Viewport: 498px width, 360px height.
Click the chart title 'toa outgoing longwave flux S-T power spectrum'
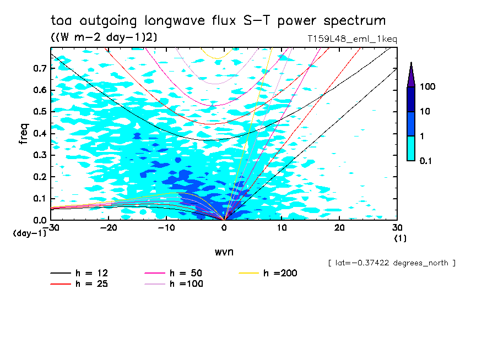(218, 21)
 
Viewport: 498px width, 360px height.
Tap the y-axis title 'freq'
(24, 134)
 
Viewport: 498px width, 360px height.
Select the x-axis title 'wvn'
(224, 252)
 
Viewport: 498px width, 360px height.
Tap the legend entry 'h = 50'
(186, 273)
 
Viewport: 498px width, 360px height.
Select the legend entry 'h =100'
(186, 284)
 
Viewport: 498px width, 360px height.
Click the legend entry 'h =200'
(280, 273)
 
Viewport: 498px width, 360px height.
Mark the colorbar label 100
(427, 87)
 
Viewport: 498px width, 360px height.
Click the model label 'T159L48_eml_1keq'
(353, 39)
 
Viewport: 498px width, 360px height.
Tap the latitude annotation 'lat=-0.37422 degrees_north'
(392, 263)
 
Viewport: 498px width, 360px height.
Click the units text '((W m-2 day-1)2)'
(100, 37)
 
